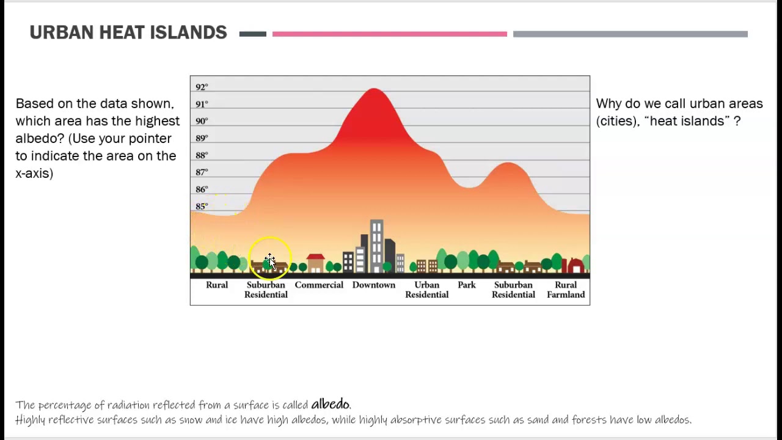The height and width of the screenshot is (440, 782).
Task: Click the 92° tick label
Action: pyautogui.click(x=202, y=87)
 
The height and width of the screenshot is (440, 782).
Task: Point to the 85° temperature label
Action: pyautogui.click(x=202, y=207)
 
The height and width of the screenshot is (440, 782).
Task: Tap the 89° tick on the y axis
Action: pyautogui.click(x=202, y=139)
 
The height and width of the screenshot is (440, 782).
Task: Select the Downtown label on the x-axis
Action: pyautogui.click(x=373, y=285)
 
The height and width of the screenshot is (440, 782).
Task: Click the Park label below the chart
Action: pyautogui.click(x=467, y=285)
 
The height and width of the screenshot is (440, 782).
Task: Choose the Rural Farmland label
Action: pyautogui.click(x=566, y=290)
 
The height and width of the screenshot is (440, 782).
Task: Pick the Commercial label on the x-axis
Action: pyautogui.click(x=319, y=285)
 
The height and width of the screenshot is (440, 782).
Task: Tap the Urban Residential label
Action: pyautogui.click(x=426, y=290)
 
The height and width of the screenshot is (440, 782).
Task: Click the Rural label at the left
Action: pyautogui.click(x=217, y=285)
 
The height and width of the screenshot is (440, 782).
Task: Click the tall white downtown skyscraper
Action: pyautogui.click(x=376, y=244)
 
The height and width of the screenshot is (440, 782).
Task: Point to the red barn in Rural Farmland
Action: pyautogui.click(x=576, y=266)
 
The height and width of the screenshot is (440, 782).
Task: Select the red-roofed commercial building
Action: pyautogui.click(x=315, y=263)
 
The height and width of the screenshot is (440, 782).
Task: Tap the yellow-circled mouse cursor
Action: pyautogui.click(x=270, y=260)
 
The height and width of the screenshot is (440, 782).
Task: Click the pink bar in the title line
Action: pyautogui.click(x=389, y=34)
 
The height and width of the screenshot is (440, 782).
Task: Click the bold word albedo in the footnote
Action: pyautogui.click(x=330, y=404)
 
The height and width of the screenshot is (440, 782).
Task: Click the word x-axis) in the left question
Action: pyautogui.click(x=34, y=174)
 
